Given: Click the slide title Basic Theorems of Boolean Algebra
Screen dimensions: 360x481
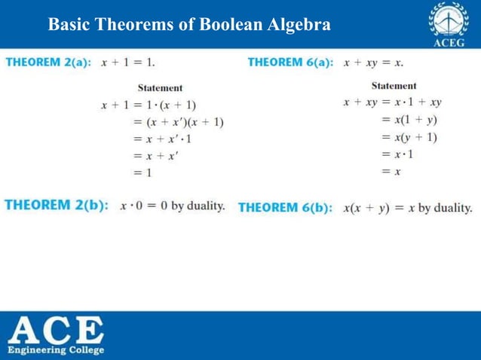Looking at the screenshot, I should [188, 24].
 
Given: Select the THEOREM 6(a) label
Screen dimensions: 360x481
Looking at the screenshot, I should [290, 62].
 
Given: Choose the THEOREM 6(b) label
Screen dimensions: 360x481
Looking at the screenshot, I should [285, 207].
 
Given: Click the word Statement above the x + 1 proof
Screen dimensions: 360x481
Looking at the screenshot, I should [160, 88].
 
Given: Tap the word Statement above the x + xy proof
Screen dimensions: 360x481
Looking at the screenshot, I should [394, 86].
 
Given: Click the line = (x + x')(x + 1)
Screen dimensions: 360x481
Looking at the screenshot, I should [178, 122].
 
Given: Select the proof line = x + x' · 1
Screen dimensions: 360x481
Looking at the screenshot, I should [163, 139].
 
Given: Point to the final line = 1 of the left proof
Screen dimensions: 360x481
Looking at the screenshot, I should [142, 172].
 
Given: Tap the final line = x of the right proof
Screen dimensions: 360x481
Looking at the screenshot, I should [391, 171].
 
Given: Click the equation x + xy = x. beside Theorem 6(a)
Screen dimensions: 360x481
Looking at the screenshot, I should [373, 62].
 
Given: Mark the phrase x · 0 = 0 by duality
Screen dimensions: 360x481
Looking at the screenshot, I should [173, 206].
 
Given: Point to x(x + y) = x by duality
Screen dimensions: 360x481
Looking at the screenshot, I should [407, 207].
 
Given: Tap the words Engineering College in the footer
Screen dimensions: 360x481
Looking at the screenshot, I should [56, 350].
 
